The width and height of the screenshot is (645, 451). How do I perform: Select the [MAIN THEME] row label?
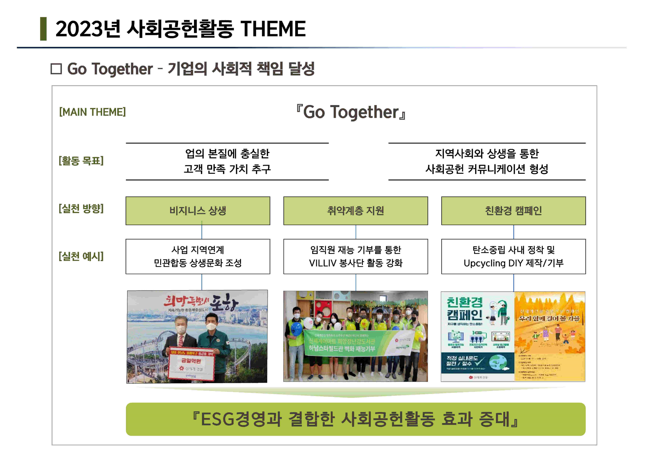pyautogui.click(x=92, y=112)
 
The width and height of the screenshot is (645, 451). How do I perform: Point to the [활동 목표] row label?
pyautogui.click(x=81, y=161)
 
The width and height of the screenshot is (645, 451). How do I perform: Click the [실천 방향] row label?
pyautogui.click(x=81, y=209)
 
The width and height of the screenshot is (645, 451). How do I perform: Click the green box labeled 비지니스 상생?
pyautogui.click(x=198, y=211)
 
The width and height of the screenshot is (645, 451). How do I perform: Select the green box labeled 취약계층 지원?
pyautogui.click(x=356, y=211)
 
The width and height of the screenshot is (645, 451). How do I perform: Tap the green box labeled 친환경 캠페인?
pyautogui.click(x=513, y=211)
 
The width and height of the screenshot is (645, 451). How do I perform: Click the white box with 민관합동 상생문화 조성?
pyautogui.click(x=198, y=257)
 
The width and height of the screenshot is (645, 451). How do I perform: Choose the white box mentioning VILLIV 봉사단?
pyautogui.click(x=356, y=257)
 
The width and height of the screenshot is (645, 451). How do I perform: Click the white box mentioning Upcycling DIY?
pyautogui.click(x=513, y=257)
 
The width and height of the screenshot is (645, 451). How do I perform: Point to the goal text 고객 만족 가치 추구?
pyautogui.click(x=227, y=169)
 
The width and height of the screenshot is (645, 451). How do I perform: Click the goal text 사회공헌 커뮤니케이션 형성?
pyautogui.click(x=487, y=169)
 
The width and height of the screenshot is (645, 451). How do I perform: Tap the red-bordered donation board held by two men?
pyautogui.click(x=191, y=363)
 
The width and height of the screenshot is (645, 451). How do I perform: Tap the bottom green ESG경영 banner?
pyautogui.click(x=356, y=419)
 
